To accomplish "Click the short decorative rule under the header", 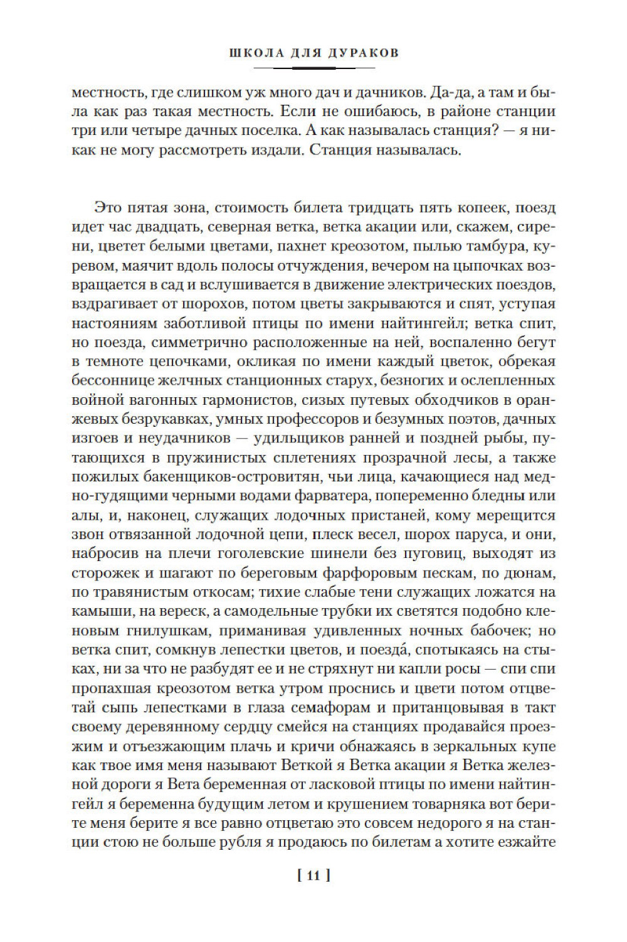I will coord(313,67).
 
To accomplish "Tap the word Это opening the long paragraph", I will coord(110,208).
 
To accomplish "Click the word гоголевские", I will coord(270,554).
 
